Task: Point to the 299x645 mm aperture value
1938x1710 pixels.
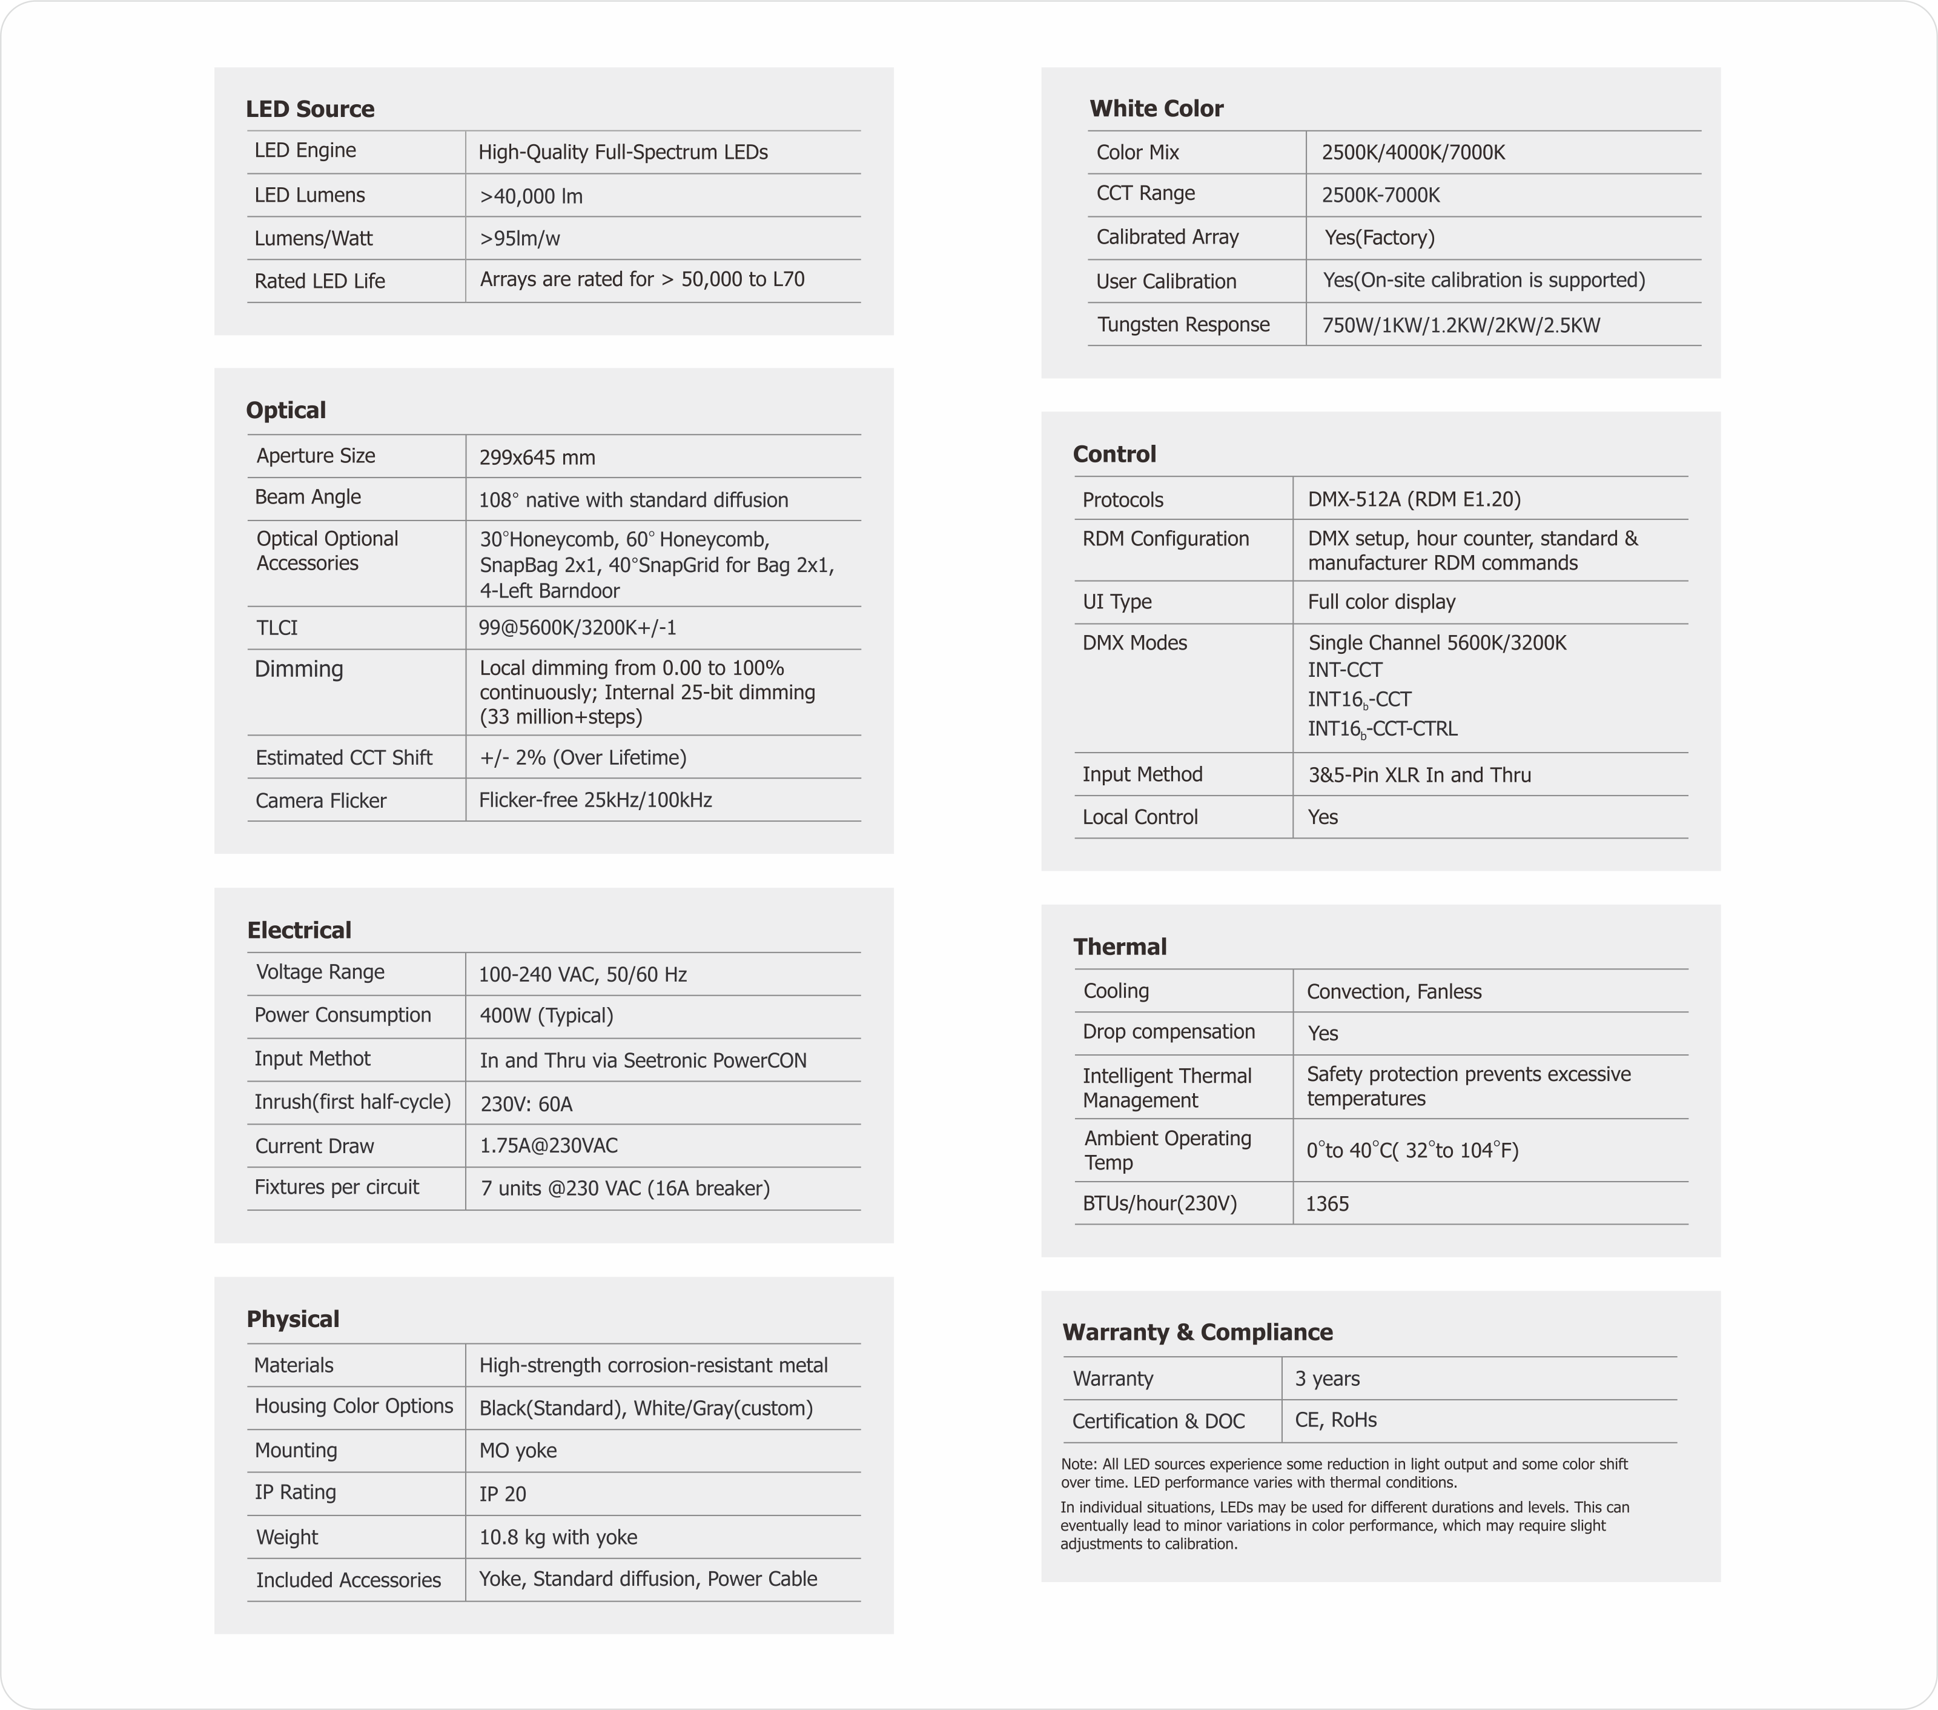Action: (537, 457)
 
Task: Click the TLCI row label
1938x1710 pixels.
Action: (277, 628)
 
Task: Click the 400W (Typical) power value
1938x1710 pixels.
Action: (546, 1016)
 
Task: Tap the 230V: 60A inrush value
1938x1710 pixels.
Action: (526, 1104)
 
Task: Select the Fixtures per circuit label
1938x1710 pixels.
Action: (337, 1188)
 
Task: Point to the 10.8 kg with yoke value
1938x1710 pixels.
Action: (558, 1537)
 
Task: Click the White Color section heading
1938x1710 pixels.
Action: (1156, 109)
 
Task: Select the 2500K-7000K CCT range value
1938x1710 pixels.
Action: (1380, 195)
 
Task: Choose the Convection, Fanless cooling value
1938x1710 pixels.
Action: (1394, 992)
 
